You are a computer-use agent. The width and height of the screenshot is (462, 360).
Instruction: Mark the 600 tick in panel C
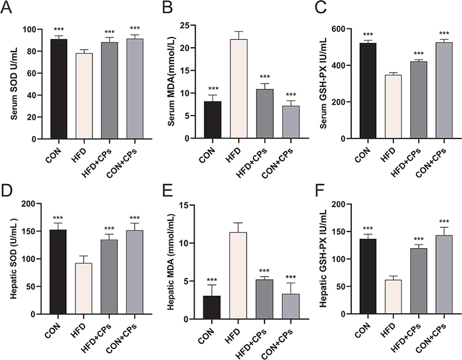pyautogui.click(x=342, y=29)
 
